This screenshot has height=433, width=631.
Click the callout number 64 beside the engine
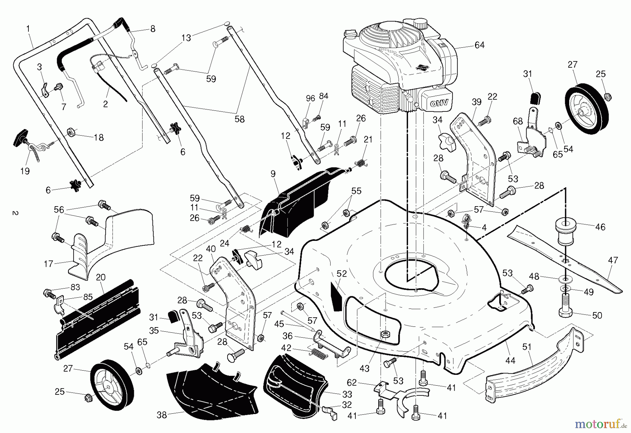[479, 45]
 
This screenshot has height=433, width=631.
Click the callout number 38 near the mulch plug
[161, 415]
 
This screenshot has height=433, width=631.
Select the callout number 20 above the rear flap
[100, 277]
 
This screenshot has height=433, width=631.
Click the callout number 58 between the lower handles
[239, 119]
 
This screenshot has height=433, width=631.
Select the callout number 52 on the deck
[341, 274]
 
